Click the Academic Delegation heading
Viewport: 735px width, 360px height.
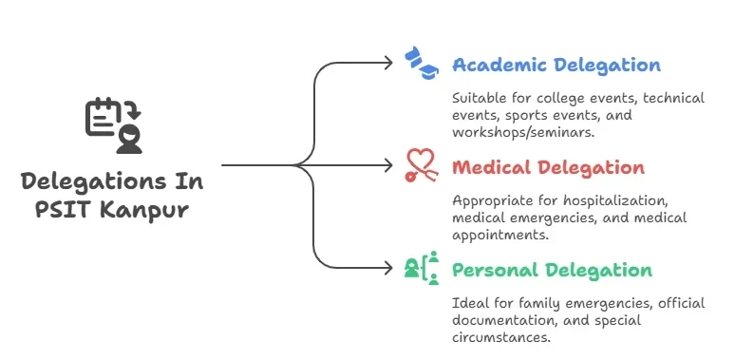(556, 66)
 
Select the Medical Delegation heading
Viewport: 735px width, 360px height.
(548, 168)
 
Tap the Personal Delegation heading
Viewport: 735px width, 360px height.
(552, 271)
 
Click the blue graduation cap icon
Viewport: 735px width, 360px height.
(421, 63)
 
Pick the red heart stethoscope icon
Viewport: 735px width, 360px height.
(421, 165)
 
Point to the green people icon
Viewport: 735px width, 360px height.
(422, 269)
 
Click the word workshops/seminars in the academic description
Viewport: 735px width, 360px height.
(523, 132)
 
